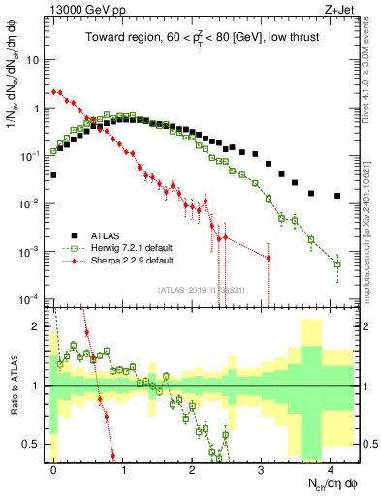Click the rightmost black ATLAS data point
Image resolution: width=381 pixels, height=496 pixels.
(337, 196)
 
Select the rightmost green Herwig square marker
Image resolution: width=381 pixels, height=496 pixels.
(337, 263)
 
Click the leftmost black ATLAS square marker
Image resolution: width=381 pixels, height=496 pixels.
(53, 175)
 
